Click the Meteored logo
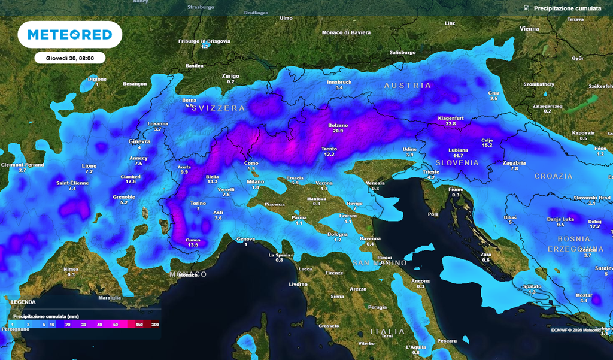pos(70,34)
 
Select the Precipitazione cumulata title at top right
pos(567,8)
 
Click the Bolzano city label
pos(338,125)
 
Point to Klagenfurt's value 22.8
pos(451,124)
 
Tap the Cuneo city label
pos(193,240)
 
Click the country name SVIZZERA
pos(219,108)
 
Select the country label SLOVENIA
pos(457,162)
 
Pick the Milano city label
pos(256,181)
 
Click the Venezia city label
pos(375,182)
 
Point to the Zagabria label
pos(514,162)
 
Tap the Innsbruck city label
pos(338,81)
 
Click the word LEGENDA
pos(23,302)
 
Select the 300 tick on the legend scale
pos(154,324)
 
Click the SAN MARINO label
pos(379,263)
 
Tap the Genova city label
pos(245,239)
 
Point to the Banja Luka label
pos(560,219)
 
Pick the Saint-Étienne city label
pos(72,183)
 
